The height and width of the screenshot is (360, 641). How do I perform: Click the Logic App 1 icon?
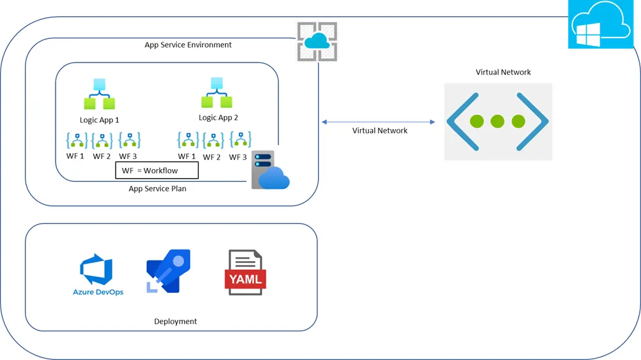click(99, 94)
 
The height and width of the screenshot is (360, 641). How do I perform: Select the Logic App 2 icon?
click(217, 93)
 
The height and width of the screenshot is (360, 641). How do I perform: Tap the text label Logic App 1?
click(99, 119)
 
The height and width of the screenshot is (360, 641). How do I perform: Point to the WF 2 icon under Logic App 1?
click(102, 140)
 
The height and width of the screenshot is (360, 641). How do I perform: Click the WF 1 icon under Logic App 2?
click(188, 140)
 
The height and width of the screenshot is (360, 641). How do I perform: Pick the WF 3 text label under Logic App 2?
click(238, 157)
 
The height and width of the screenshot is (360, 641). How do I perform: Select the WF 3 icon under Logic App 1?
click(129, 140)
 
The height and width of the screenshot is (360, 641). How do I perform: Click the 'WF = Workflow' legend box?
click(156, 170)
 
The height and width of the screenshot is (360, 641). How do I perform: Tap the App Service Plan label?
click(157, 189)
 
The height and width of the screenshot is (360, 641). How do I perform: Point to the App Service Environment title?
click(188, 45)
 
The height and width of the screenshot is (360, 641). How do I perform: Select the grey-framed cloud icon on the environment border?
click(317, 41)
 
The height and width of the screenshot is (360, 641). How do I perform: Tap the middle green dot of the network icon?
click(497, 121)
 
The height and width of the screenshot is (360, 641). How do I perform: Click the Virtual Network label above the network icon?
click(503, 72)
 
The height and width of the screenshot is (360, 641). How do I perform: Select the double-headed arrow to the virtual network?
click(378, 121)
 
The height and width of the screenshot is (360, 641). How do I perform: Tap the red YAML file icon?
click(245, 273)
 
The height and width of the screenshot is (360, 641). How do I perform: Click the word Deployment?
click(176, 321)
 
